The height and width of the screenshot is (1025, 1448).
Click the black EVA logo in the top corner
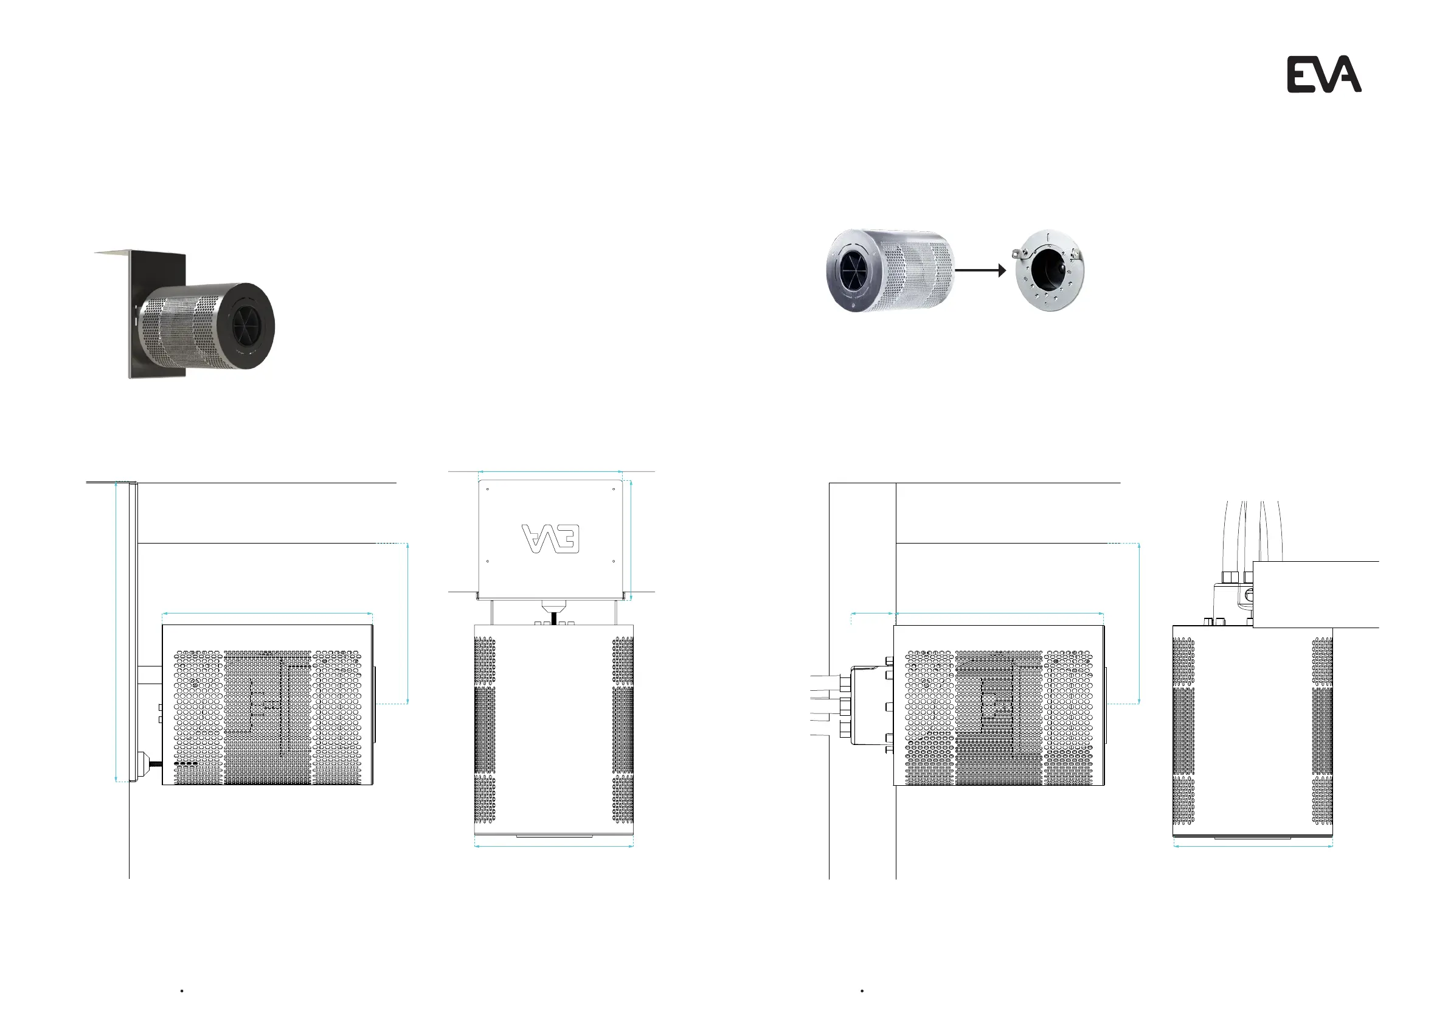coord(1324,74)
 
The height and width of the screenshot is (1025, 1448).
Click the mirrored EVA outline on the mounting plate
coord(550,537)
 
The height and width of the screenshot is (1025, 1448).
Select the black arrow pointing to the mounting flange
coord(981,270)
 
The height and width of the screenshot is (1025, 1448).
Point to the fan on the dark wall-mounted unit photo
coord(248,326)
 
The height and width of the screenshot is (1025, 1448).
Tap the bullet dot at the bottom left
coord(182,991)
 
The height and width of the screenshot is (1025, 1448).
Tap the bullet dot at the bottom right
coord(862,991)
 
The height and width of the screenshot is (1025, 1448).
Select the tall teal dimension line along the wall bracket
coord(116,631)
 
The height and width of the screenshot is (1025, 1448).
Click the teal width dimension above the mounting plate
coord(550,472)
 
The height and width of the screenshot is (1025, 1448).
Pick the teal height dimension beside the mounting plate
coord(631,540)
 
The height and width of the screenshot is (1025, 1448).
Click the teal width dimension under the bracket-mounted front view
coord(554,847)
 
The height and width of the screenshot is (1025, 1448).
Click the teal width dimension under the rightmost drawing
coord(1253,847)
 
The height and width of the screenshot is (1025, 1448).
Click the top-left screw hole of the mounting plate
coord(488,489)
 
